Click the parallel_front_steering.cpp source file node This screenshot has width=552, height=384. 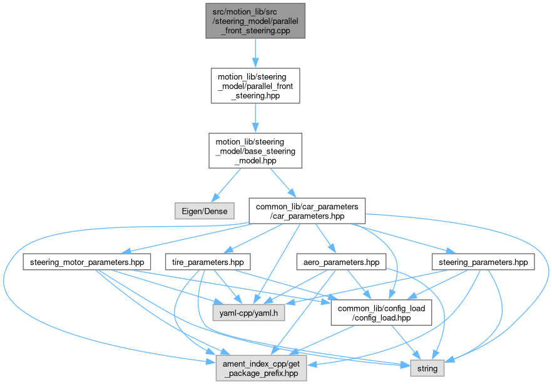tap(255, 21)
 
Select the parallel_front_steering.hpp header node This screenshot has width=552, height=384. tap(255, 86)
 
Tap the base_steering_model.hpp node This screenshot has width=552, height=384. tap(255, 150)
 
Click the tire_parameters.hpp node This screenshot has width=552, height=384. tap(207, 262)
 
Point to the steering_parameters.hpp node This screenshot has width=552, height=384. tap(483, 262)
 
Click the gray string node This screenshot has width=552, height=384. tap(427, 368)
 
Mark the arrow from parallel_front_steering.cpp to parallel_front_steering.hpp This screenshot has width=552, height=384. tap(255, 53)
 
